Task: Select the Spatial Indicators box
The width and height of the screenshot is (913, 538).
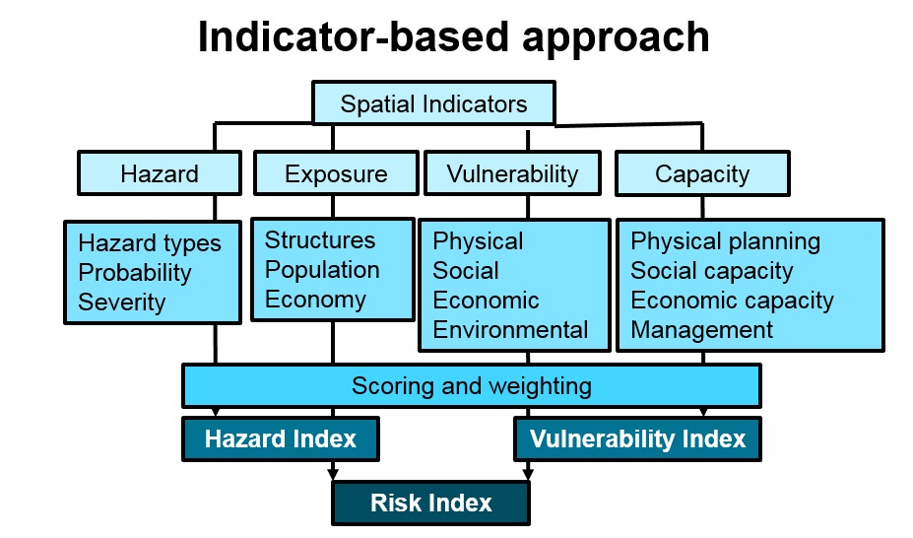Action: coord(433,103)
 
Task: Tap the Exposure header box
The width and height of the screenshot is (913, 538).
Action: coord(336,174)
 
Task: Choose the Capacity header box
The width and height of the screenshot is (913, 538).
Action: coord(702,174)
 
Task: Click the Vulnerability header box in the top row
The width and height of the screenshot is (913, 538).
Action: coord(512,173)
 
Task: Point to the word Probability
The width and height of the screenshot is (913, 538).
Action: coord(135,273)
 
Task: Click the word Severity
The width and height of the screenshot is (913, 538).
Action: coord(122,303)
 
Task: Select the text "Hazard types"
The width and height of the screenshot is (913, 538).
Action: coord(150,243)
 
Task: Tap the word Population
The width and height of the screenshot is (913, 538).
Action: coord(322,270)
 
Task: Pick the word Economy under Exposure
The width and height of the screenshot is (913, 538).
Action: coord(315,300)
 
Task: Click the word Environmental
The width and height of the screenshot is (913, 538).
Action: coord(510,330)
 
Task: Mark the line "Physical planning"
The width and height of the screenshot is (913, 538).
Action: coord(725,241)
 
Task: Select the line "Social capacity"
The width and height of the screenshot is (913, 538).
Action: coord(711,271)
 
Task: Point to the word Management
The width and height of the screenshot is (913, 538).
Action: coord(701,330)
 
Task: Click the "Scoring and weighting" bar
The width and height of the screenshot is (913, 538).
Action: coord(471,385)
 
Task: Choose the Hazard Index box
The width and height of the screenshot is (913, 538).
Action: coord(281,438)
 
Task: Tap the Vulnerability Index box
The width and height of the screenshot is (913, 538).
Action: coord(637,438)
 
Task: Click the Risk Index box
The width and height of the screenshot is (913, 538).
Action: coord(430,504)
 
